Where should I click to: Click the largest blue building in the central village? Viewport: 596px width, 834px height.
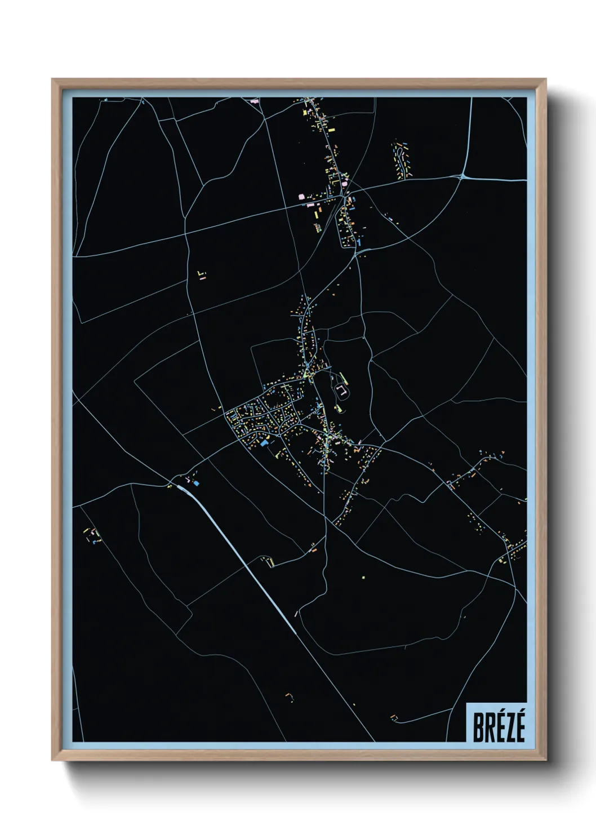click(x=264, y=443)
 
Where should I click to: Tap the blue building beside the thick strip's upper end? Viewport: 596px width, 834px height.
click(x=196, y=483)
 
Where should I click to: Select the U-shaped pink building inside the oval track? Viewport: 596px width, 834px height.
click(x=341, y=389)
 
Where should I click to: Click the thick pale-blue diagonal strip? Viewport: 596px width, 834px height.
click(x=242, y=558)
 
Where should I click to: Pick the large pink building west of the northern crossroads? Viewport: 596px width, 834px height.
click(x=301, y=197)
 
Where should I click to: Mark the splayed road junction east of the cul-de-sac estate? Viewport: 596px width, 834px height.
click(x=462, y=176)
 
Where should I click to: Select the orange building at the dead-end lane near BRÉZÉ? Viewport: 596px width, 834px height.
click(x=394, y=717)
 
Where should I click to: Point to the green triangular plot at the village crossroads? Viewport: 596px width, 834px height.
click(x=307, y=374)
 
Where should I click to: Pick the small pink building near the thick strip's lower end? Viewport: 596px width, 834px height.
click(x=295, y=613)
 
